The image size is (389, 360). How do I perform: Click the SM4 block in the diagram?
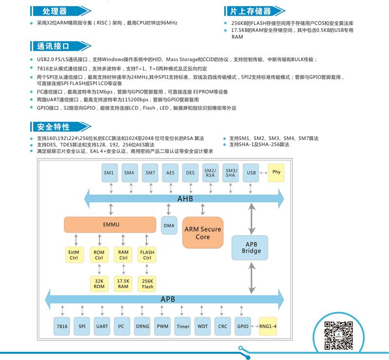click(129, 172)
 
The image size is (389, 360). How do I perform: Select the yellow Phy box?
click(276, 172)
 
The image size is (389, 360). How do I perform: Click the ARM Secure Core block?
click(203, 233)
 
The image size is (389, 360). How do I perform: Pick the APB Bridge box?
click(251, 247)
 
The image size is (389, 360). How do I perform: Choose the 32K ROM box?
click(99, 284)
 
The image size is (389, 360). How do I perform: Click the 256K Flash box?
click(148, 284)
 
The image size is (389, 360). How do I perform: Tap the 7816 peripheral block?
click(62, 326)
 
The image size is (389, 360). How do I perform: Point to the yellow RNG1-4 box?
click(267, 326)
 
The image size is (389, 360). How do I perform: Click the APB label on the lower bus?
click(167, 299)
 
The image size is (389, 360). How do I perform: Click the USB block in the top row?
click(251, 172)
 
